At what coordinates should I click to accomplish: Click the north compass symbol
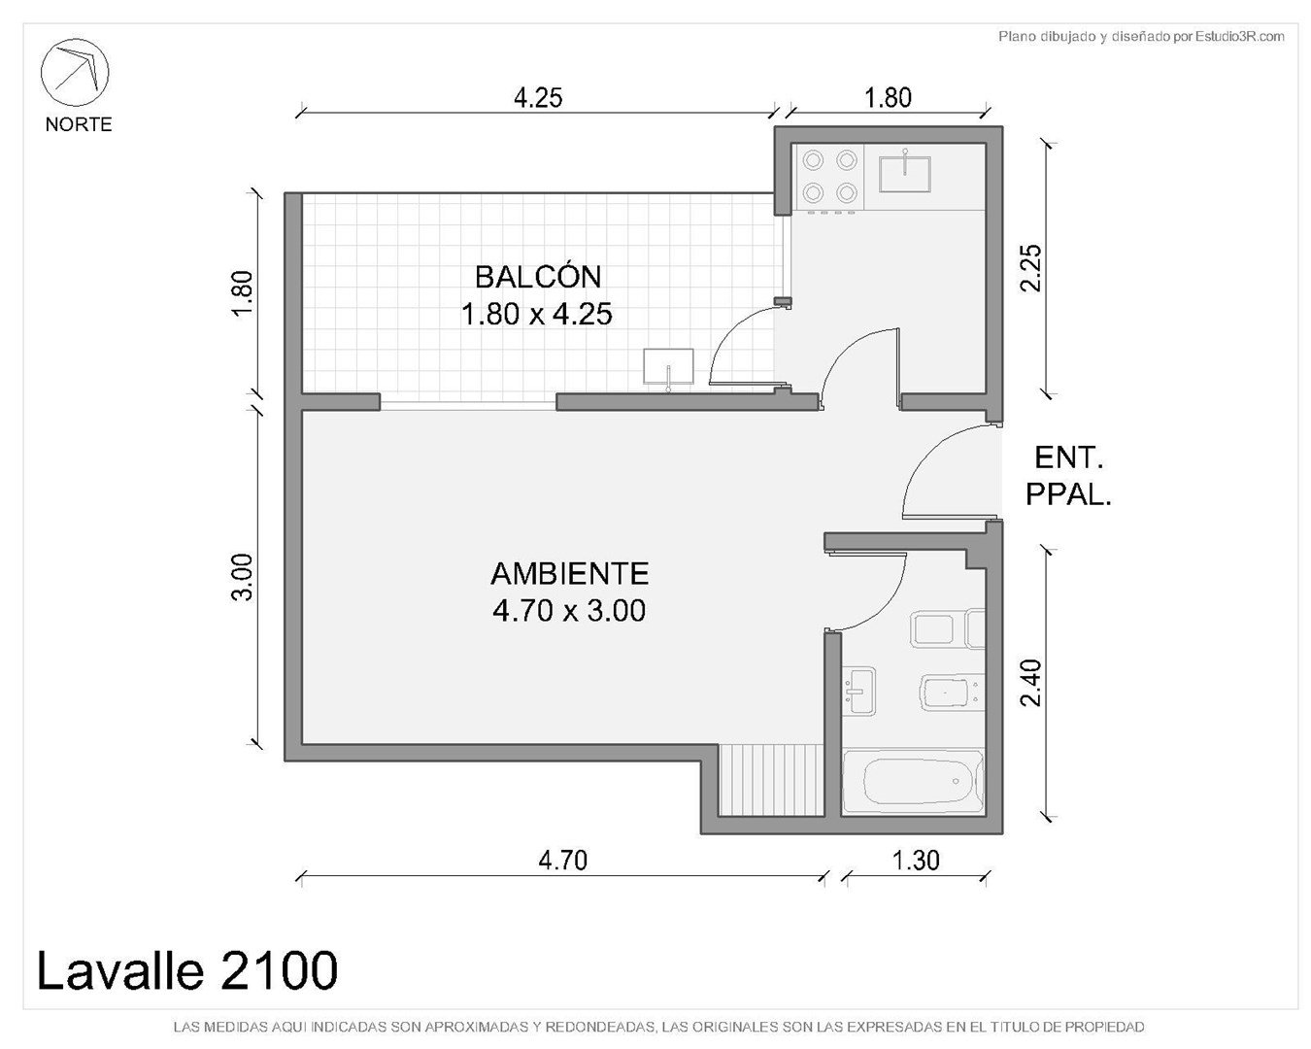(x=75, y=73)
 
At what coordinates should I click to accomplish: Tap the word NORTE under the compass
(x=79, y=125)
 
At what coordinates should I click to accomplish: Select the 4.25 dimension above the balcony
(x=538, y=98)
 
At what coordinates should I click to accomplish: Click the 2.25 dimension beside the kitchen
(x=1031, y=268)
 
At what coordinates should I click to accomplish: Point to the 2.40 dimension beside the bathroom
(x=1031, y=683)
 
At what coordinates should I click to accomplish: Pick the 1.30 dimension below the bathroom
(x=916, y=861)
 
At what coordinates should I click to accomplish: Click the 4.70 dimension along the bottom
(x=563, y=861)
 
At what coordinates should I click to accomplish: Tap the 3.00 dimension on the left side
(x=242, y=577)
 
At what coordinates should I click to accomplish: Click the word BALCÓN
(x=538, y=278)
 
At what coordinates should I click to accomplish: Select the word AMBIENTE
(x=570, y=574)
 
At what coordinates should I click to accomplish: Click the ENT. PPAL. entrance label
(x=1068, y=476)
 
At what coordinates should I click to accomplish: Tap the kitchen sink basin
(x=905, y=174)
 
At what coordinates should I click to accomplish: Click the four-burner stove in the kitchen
(x=829, y=178)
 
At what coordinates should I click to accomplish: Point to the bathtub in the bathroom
(x=913, y=782)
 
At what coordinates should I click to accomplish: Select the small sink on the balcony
(x=668, y=367)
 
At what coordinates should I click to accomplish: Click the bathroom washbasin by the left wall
(x=859, y=691)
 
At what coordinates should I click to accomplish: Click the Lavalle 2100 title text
(x=187, y=969)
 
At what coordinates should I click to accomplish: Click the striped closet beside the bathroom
(x=771, y=780)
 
